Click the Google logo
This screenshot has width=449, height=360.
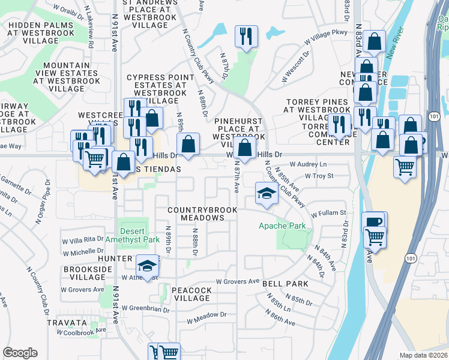coord(20,353)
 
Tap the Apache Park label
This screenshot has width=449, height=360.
coord(282,226)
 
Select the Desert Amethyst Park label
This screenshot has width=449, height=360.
coord(133,235)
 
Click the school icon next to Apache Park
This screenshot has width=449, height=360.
coord(266,193)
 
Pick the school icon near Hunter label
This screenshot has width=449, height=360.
coord(147,265)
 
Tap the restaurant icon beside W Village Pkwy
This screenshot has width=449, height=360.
coord(246,37)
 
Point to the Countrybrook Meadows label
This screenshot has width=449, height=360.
coord(202,214)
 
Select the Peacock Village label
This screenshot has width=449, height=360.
coord(191,295)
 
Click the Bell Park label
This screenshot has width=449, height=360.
coord(289,284)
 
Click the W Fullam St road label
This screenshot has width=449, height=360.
coord(328,212)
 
